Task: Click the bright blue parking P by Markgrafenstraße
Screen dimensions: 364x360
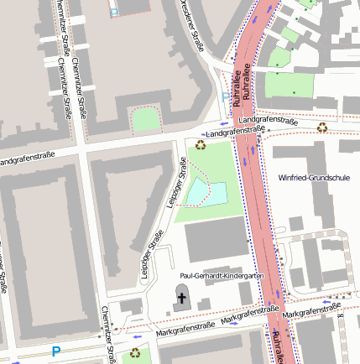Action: [56, 352]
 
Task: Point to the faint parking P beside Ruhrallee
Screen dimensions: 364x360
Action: [224, 97]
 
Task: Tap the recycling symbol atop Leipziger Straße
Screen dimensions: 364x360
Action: [201, 144]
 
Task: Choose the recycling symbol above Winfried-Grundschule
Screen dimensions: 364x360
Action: [322, 127]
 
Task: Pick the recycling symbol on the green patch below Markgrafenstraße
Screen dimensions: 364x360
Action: [135, 354]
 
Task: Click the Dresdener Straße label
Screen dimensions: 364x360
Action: [191, 25]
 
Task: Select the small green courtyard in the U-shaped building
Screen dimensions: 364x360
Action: [146, 120]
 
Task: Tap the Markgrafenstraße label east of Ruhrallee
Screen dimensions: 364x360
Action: [312, 313]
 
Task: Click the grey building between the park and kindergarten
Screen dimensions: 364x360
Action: [216, 239]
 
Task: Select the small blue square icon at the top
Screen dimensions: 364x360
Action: [114, 12]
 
